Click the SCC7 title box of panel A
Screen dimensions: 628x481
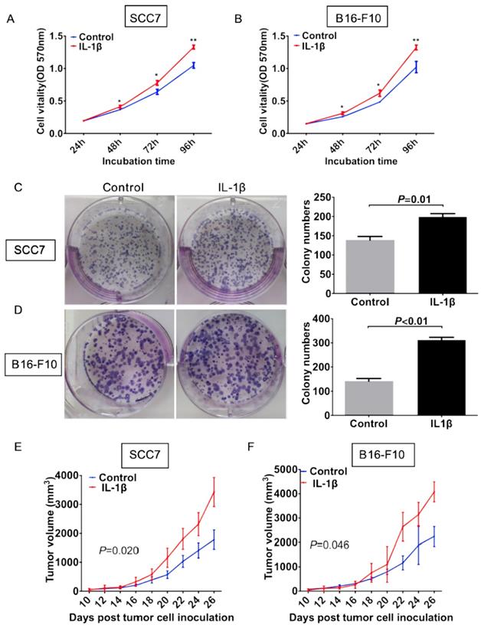142,15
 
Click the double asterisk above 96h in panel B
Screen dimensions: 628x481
416,41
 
